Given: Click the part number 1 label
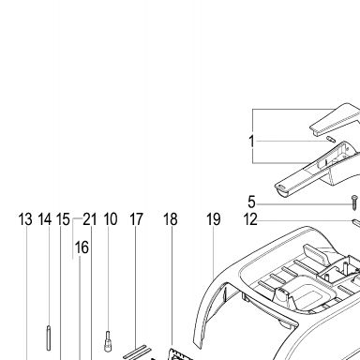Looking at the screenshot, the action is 251,141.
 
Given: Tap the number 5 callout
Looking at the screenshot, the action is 251,202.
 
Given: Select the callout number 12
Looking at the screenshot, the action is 250,219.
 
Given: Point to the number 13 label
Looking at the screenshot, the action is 25,219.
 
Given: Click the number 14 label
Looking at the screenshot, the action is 45,219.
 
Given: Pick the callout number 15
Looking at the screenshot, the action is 63,219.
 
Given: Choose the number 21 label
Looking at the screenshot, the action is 90,219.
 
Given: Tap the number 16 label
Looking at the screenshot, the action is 82,247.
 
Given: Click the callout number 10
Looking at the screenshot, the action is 111,219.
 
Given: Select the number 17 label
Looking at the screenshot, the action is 136,219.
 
